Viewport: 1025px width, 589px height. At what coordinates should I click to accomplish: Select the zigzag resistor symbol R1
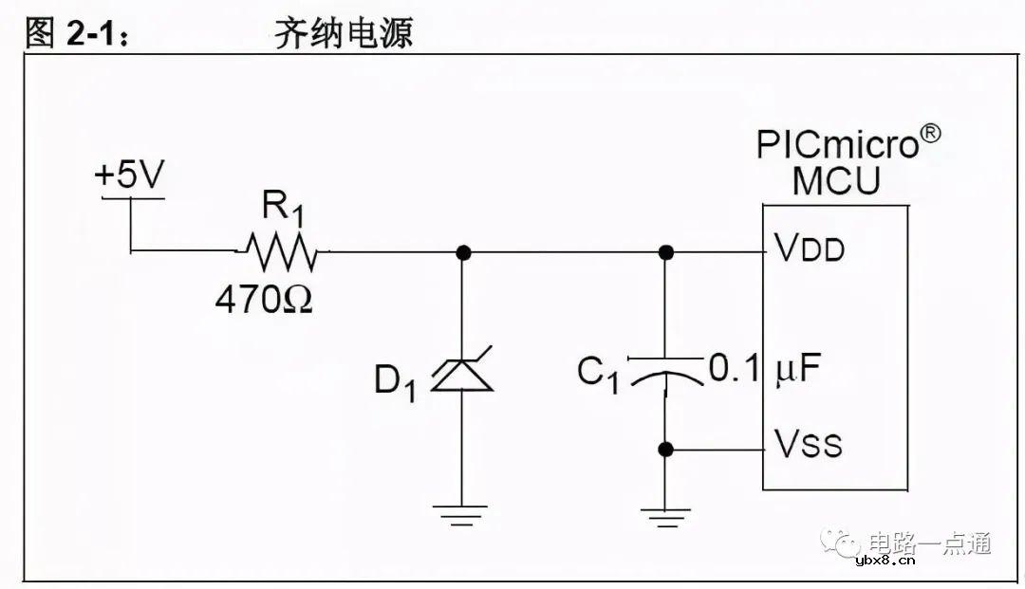coord(281,251)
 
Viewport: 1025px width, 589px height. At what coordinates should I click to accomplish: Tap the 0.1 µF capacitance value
coord(764,368)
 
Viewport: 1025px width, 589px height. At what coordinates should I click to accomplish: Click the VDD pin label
coord(810,249)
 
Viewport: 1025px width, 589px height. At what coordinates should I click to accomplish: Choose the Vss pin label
coord(808,443)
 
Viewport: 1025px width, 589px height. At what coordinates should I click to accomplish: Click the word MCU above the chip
coord(836,180)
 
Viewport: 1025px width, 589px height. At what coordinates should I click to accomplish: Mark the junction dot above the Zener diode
coord(462,252)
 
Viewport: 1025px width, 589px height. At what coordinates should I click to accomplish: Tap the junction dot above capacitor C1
coord(666,252)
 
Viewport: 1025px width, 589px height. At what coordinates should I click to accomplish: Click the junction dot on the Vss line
coord(666,449)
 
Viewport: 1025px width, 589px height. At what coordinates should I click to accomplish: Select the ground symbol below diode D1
coord(462,516)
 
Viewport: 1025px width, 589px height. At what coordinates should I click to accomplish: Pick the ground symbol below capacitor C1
coord(665,518)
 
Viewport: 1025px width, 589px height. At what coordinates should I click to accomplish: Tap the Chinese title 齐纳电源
coord(343,34)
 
